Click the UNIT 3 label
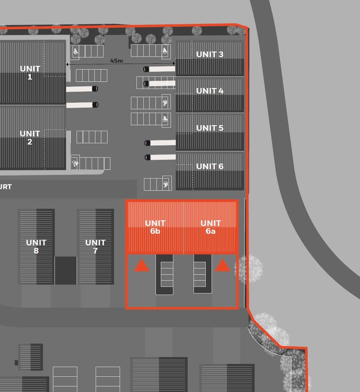point(210,54)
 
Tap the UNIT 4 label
point(210,91)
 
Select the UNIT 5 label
point(210,128)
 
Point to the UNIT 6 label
point(210,166)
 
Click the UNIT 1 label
point(30,73)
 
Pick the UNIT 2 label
point(30,137)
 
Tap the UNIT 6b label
point(155,227)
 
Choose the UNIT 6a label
point(211,227)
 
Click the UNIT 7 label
point(95,246)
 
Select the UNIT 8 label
point(36,246)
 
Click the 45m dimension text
point(116,61)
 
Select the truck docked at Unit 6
point(160,157)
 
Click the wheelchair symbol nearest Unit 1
point(76,52)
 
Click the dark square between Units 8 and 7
point(66,270)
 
